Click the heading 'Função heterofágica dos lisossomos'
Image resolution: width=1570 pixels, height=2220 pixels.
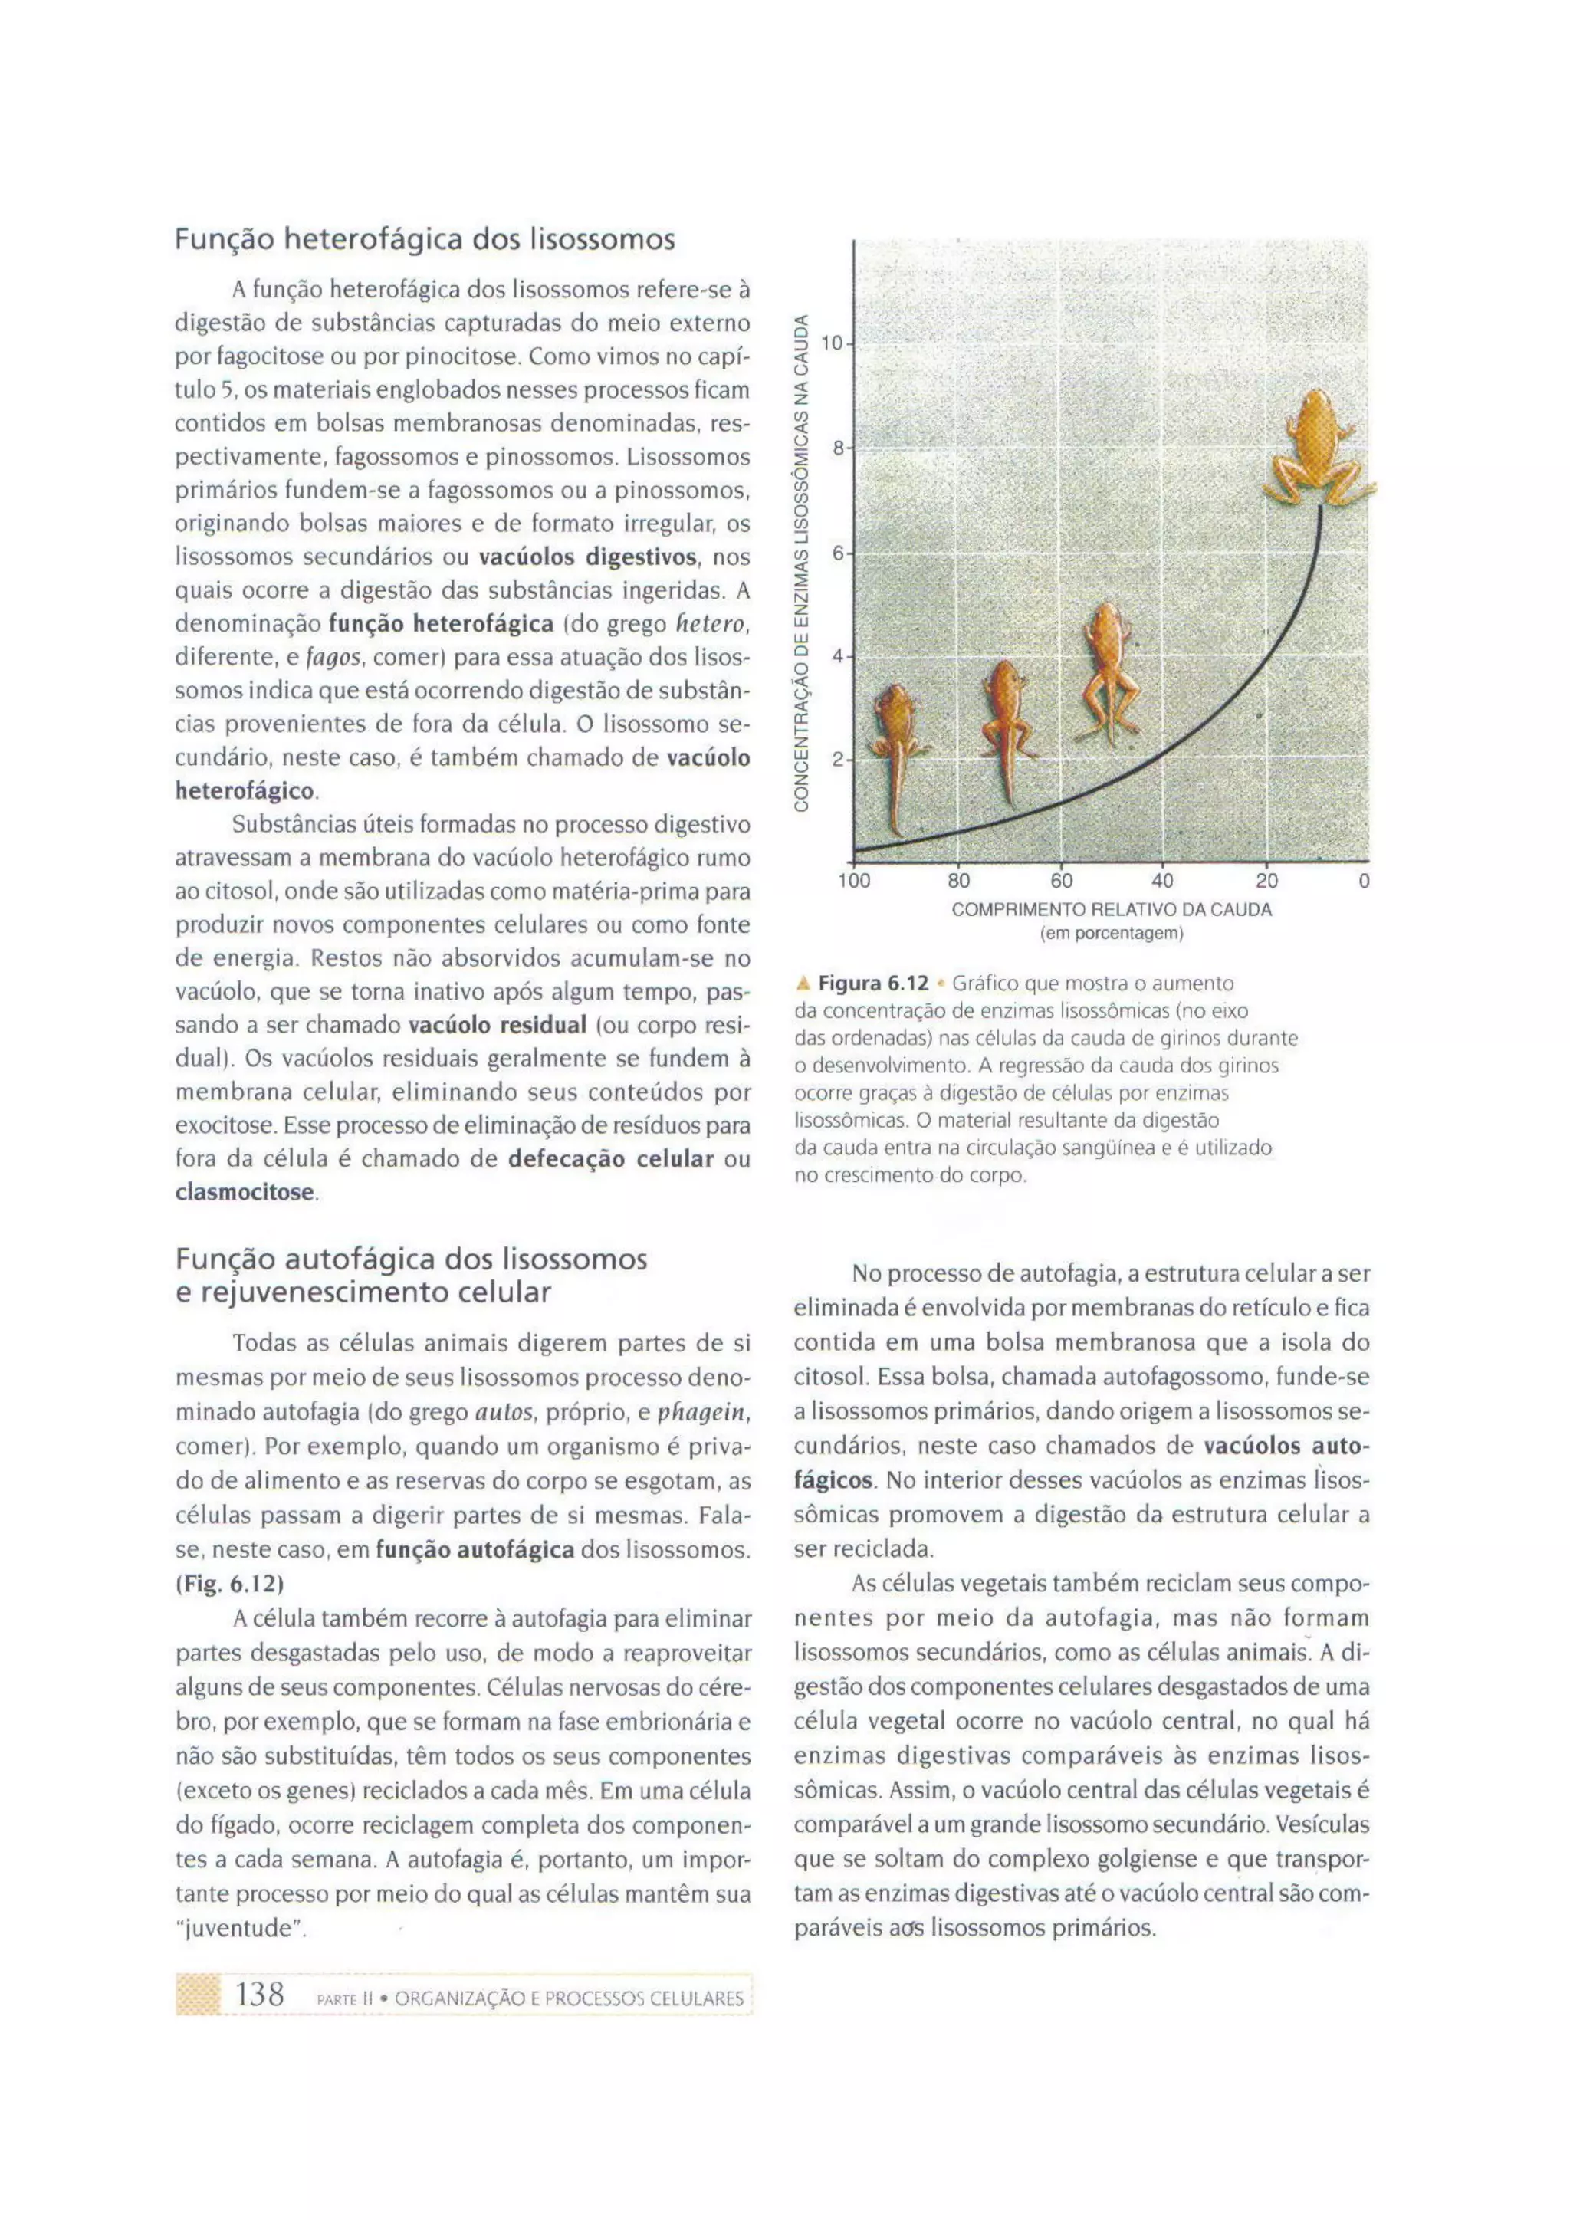click(425, 239)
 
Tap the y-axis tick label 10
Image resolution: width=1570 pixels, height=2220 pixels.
click(830, 343)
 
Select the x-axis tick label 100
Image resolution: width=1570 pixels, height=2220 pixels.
click(854, 881)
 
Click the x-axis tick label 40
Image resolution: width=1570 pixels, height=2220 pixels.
click(1162, 881)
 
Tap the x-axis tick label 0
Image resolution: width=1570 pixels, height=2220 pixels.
click(1363, 881)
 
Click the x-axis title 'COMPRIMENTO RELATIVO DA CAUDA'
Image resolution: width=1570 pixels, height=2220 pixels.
click(1111, 910)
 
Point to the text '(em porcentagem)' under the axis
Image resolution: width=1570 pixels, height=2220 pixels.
click(1111, 934)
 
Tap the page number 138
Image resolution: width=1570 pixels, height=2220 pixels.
click(259, 1994)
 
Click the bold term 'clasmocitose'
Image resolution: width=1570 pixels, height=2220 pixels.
click(245, 1192)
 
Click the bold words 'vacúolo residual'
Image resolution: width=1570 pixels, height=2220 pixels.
click(497, 1025)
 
